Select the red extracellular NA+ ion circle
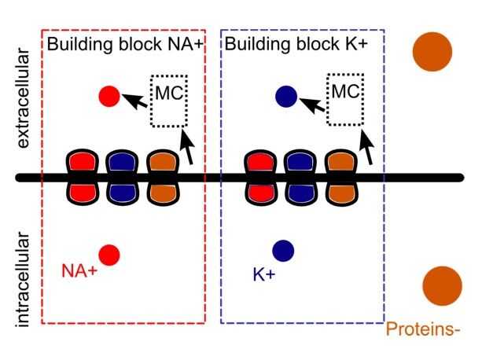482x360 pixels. click(x=109, y=96)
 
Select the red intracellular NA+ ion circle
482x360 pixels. click(x=109, y=255)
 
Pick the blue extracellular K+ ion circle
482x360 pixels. click(x=285, y=97)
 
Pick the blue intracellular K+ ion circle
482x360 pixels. click(x=283, y=251)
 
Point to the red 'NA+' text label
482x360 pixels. click(x=79, y=271)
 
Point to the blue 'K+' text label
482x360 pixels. click(x=263, y=275)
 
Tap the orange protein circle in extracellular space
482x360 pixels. click(x=432, y=52)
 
